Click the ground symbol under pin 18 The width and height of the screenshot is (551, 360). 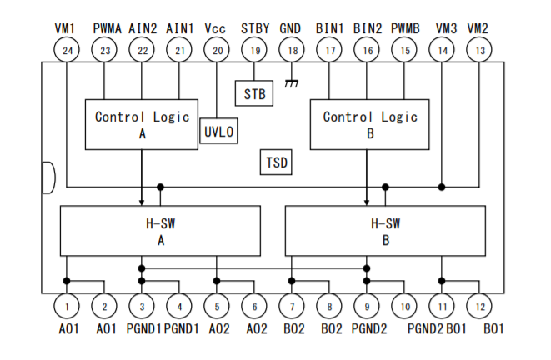[x=291, y=83]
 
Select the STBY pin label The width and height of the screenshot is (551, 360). [x=255, y=28]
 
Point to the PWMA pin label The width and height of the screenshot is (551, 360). [x=108, y=28]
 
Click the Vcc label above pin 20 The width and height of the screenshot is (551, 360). [x=215, y=28]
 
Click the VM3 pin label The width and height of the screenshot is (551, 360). [x=446, y=28]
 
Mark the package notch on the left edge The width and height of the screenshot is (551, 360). [x=53, y=177]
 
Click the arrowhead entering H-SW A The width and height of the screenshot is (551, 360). [x=142, y=202]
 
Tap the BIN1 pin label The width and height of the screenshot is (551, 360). [x=329, y=28]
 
